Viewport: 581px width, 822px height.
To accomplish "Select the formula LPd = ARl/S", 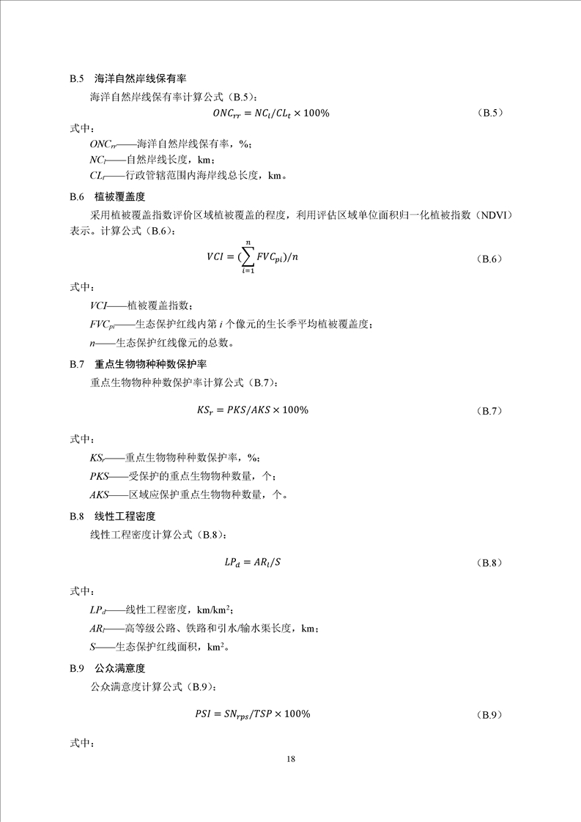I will point(253,563).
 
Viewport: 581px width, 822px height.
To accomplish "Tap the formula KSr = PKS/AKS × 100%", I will point(252,410).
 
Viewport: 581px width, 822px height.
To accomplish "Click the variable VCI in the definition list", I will point(99,306).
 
